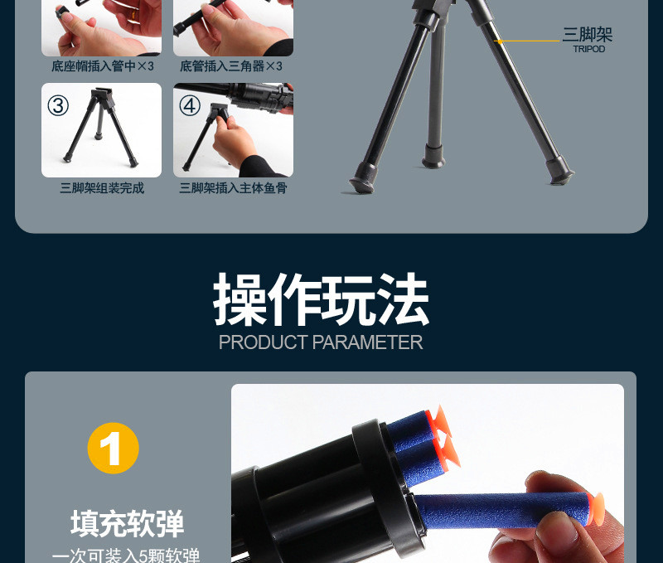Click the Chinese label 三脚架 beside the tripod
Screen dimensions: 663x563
(588, 34)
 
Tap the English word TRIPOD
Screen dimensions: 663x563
(589, 49)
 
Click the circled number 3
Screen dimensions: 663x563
(58, 105)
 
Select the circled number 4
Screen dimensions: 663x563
(190, 105)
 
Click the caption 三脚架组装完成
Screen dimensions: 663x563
(102, 188)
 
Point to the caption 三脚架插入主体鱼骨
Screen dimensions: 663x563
(234, 188)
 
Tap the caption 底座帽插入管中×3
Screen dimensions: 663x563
(102, 66)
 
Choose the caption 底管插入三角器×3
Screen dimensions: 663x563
(231, 66)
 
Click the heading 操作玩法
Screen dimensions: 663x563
(322, 299)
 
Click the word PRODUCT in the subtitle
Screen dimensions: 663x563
(263, 342)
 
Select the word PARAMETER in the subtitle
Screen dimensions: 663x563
(367, 342)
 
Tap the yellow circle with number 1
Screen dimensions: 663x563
(114, 448)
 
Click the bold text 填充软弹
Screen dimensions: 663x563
(128, 524)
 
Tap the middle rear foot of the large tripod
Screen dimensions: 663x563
(433, 157)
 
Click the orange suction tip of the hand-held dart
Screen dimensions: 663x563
(597, 509)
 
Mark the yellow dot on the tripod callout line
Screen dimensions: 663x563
(501, 41)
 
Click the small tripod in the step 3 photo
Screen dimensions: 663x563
(100, 127)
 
